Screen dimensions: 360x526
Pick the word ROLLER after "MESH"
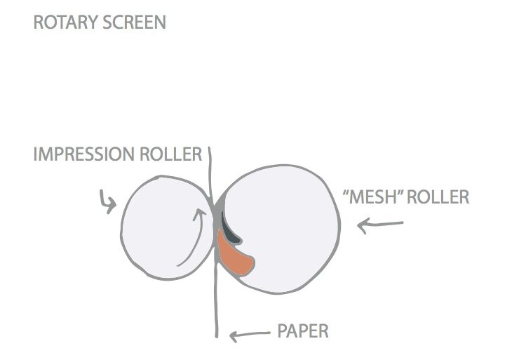click(x=438, y=197)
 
